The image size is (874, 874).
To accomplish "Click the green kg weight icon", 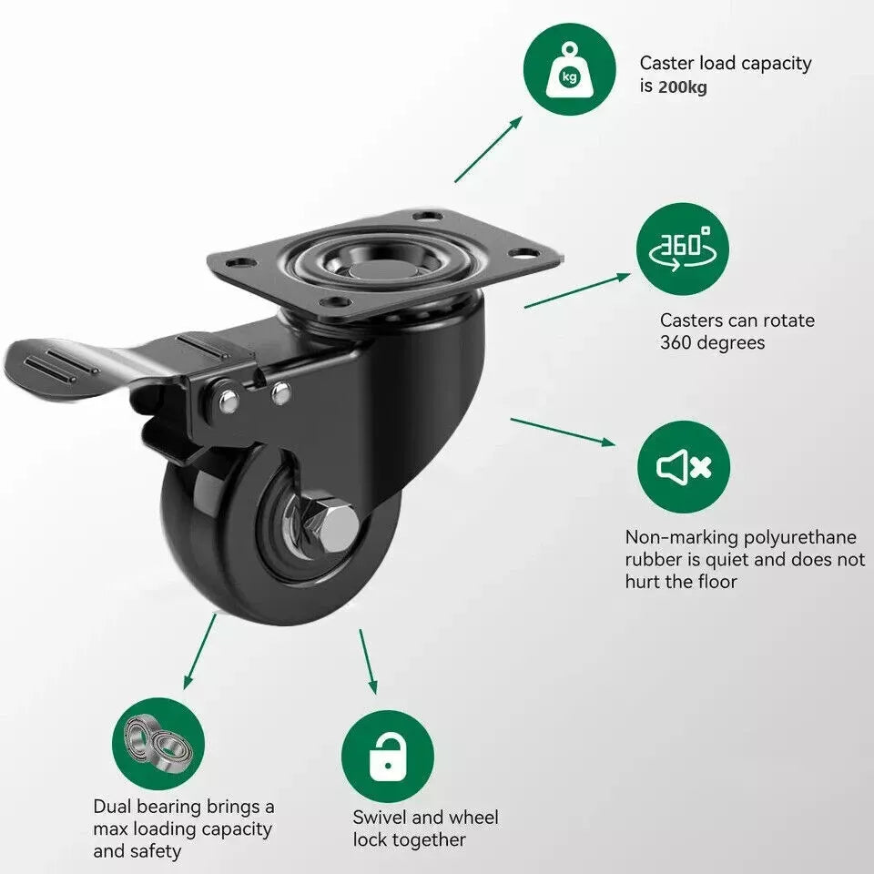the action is coord(570,70).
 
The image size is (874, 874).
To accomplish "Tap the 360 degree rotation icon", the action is coord(682,249).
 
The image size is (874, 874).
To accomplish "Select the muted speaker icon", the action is coord(684,466).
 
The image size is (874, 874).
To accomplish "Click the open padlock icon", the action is coord(388,757).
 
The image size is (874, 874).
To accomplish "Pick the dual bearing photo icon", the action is coord(158,744).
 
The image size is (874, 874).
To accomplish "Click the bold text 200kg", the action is coord(682,87).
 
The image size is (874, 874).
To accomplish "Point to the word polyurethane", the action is coord(800,537).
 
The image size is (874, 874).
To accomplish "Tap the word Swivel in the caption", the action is coord(381,818).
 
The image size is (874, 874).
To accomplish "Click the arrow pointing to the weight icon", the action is coord(488,148).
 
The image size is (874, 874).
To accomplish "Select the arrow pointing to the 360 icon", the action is coord(577,290).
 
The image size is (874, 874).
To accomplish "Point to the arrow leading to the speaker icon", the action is coord(563,432).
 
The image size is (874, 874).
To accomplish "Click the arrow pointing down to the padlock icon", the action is coord(368,662).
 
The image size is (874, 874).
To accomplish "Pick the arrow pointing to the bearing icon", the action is coord(199,651).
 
